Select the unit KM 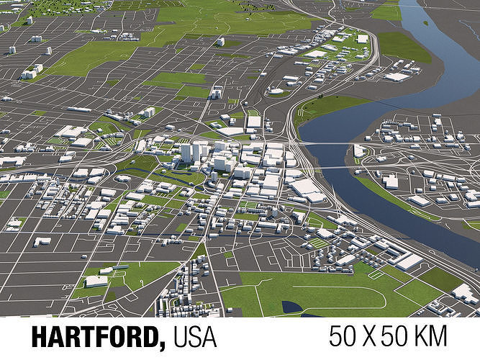[x=428, y=336]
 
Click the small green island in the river [x=425, y=22]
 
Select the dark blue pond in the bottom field [x=291, y=307]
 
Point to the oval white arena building [x=276, y=91]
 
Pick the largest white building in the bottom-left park [x=96, y=281]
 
